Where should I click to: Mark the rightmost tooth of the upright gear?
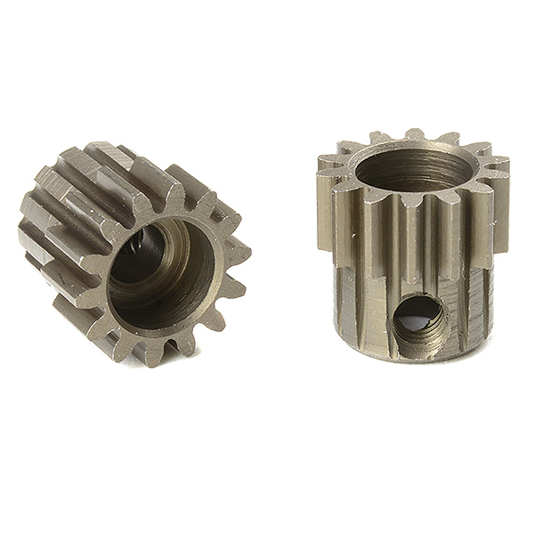(500, 169)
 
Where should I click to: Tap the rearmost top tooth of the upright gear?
(415, 135)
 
